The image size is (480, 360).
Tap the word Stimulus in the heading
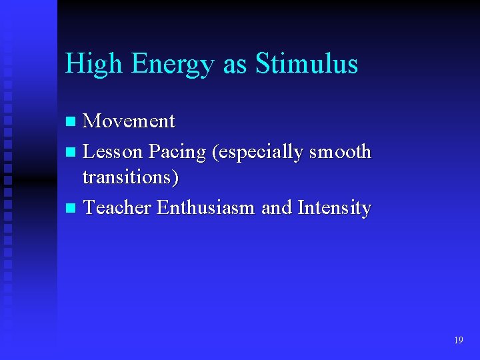tap(307, 64)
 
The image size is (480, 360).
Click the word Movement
tap(129, 121)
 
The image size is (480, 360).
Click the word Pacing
tap(177, 153)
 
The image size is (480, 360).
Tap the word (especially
tap(255, 153)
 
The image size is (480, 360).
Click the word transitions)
tap(131, 178)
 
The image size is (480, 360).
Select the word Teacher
tap(117, 208)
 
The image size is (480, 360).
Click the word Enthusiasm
tap(206, 208)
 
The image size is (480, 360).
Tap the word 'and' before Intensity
tap(277, 208)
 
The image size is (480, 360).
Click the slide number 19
tap(458, 341)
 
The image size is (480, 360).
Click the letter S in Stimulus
tap(262, 64)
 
